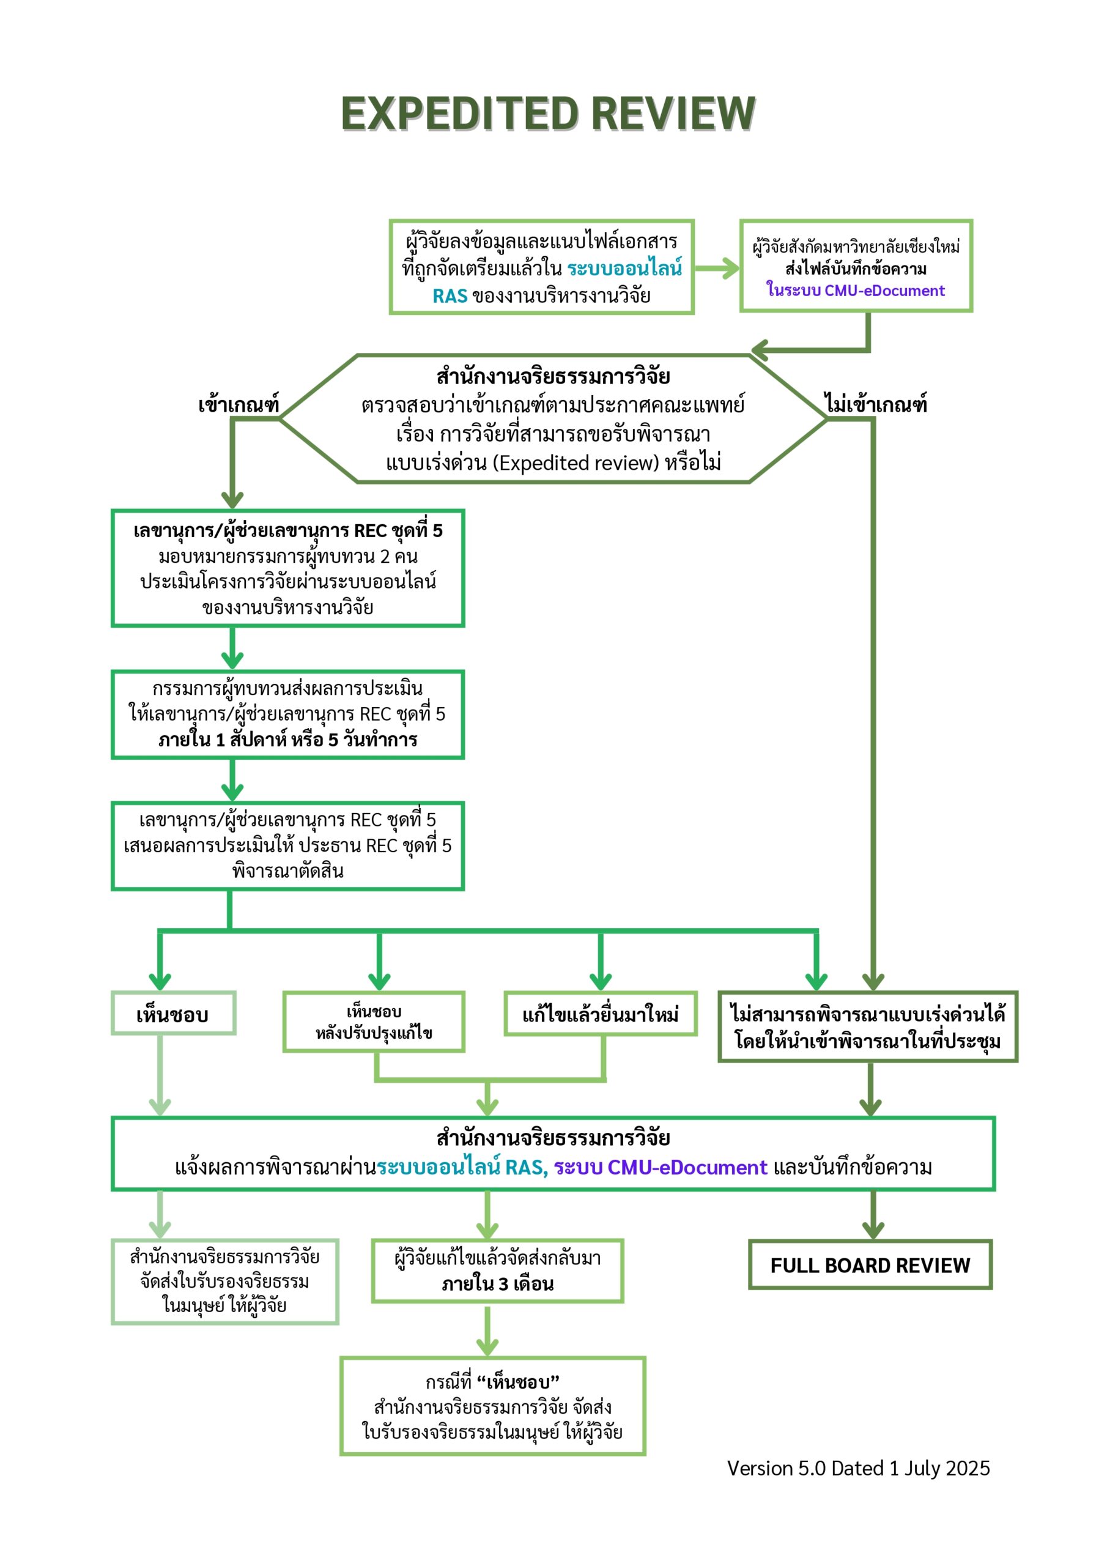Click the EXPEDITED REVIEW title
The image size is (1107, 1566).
pyautogui.click(x=548, y=113)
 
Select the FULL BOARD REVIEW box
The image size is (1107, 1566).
pyautogui.click(x=870, y=1265)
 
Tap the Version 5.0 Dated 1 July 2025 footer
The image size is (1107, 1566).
pyautogui.click(x=858, y=1469)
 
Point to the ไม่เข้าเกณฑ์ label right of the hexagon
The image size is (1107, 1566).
pyautogui.click(x=876, y=404)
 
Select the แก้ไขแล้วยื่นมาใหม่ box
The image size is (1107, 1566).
pyautogui.click(x=600, y=1014)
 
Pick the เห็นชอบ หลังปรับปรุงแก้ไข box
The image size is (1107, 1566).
pyautogui.click(x=374, y=1022)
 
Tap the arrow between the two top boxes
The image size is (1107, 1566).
pyautogui.click(x=716, y=269)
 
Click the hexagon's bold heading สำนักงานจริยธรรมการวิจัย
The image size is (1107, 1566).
pyautogui.click(x=553, y=376)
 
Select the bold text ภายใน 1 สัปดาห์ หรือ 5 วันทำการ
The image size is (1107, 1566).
pyautogui.click(x=288, y=740)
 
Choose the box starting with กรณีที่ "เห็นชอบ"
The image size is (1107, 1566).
pyautogui.click(x=492, y=1406)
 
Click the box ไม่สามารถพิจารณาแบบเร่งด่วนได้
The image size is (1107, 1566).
pyautogui.click(x=868, y=1026)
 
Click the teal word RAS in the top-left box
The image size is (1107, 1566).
pyautogui.click(x=450, y=296)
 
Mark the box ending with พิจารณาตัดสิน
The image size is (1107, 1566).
pyautogui.click(x=288, y=846)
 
